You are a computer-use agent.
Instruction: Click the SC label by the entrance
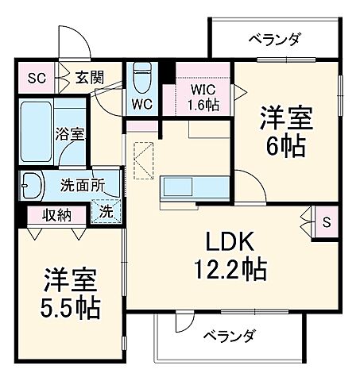36,78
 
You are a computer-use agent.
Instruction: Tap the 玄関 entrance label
88,78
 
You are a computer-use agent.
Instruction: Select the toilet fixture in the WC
142,79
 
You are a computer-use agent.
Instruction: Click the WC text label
142,103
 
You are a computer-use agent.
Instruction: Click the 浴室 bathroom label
69,134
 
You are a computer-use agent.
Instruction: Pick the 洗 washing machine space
106,212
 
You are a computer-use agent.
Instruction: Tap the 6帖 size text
284,146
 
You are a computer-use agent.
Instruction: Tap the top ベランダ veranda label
272,37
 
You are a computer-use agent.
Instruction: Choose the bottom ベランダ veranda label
228,336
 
